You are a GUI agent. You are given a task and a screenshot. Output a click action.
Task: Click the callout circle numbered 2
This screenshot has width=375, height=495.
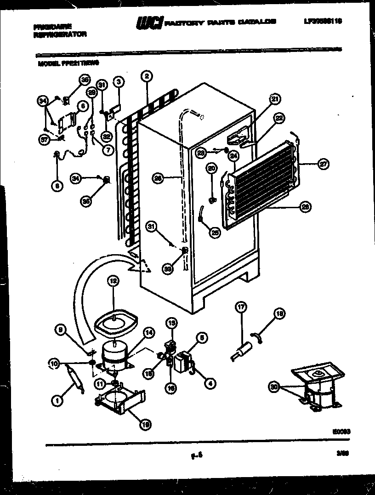click(146, 76)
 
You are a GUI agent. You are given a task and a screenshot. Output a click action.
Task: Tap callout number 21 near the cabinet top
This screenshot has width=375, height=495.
click(274, 98)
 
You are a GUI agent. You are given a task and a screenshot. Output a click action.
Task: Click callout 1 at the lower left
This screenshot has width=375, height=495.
click(57, 401)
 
